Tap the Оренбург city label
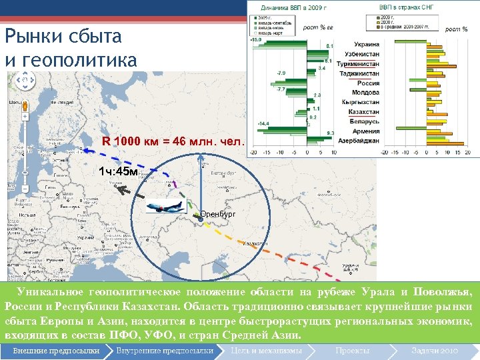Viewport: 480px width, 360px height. tap(219, 215)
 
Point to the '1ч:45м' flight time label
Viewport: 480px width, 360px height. tap(117, 172)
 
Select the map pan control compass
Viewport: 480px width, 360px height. tap(25, 81)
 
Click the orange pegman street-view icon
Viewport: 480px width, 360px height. tap(25, 105)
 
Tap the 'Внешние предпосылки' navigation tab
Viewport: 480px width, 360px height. tap(56, 351)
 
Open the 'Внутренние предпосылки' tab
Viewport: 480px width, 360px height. tap(165, 351)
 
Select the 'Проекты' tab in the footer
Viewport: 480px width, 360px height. tap(352, 351)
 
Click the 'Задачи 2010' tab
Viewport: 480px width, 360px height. tap(434, 351)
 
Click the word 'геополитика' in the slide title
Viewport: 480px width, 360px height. tap(80, 59)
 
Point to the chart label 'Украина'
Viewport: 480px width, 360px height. tap(367, 42)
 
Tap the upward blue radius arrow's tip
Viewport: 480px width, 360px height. tap(200, 158)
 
